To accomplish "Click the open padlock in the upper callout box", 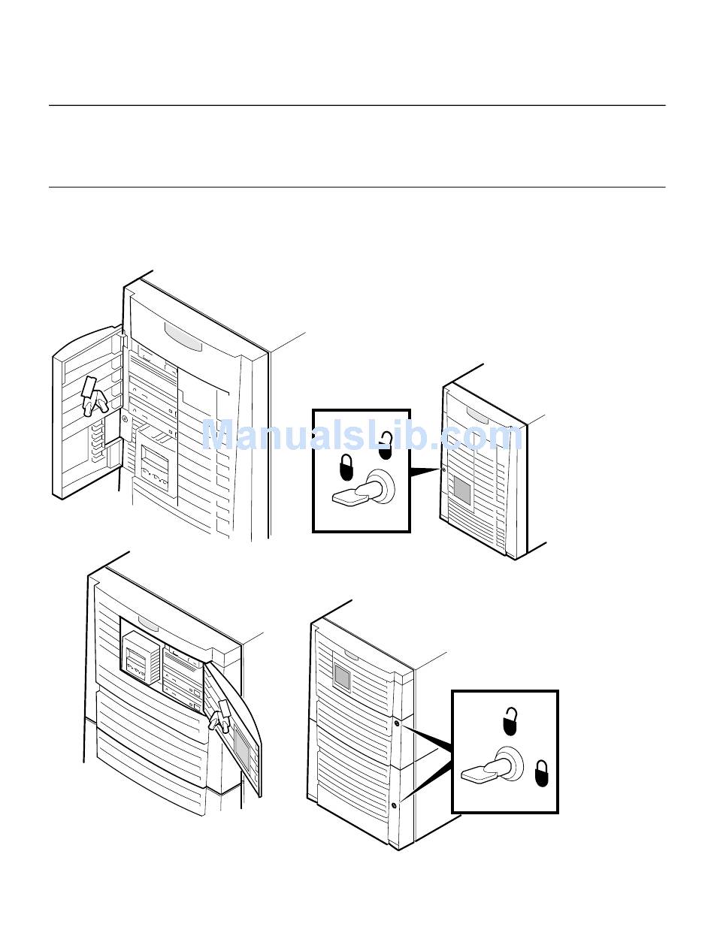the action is (385, 446).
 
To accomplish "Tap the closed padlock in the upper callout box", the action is (346, 467).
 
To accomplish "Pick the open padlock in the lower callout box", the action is (510, 720).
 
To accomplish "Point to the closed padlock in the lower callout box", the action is (541, 774).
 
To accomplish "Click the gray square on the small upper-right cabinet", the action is (462, 493).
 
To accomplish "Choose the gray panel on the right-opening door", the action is (242, 744).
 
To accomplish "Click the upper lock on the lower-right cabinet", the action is (396, 723).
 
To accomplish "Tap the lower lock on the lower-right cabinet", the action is (395, 806).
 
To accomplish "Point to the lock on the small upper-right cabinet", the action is (443, 470).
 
